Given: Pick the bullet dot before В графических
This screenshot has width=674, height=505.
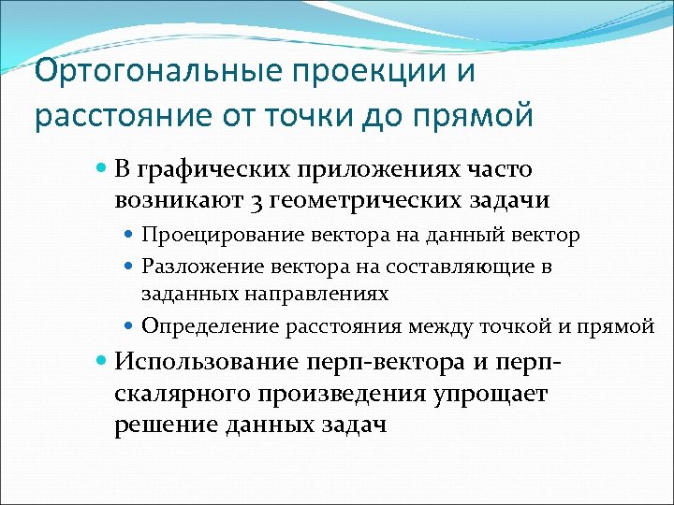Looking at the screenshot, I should click(x=102, y=169).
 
